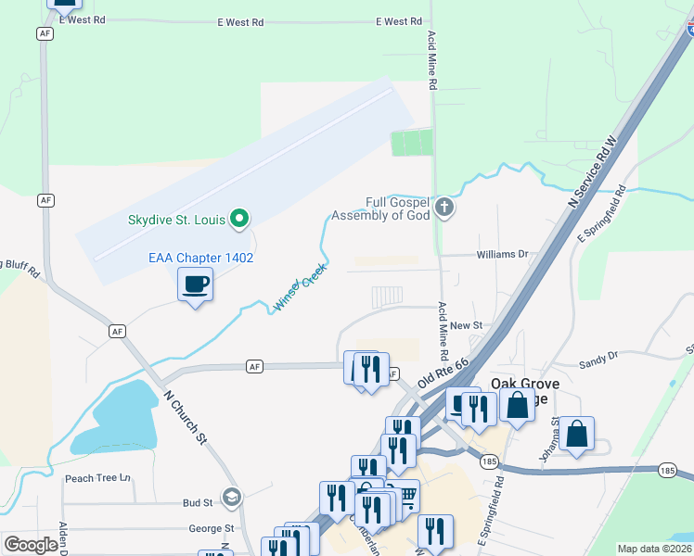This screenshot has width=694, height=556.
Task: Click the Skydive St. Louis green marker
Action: pyautogui.click(x=239, y=220)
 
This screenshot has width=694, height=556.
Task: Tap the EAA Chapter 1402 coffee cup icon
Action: pyautogui.click(x=195, y=284)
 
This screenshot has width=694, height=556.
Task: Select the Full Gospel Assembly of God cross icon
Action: pyautogui.click(x=444, y=207)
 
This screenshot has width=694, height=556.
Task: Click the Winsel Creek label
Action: pyautogui.click(x=301, y=287)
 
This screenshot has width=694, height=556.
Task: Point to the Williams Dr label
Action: pyautogui.click(x=502, y=254)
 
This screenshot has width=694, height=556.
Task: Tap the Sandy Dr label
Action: pyautogui.click(x=598, y=355)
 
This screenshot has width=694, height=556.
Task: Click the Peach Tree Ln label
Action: pyautogui.click(x=98, y=479)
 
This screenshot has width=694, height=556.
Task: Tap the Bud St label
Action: pyautogui.click(x=198, y=503)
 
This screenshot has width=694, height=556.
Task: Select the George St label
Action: pyautogui.click(x=211, y=529)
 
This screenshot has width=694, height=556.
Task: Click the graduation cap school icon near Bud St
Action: pyautogui.click(x=231, y=497)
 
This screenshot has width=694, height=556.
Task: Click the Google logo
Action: pyautogui.click(x=31, y=545)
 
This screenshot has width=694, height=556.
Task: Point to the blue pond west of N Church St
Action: pyautogui.click(x=116, y=417)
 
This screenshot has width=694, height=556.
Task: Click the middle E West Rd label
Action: pyautogui.click(x=240, y=21)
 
